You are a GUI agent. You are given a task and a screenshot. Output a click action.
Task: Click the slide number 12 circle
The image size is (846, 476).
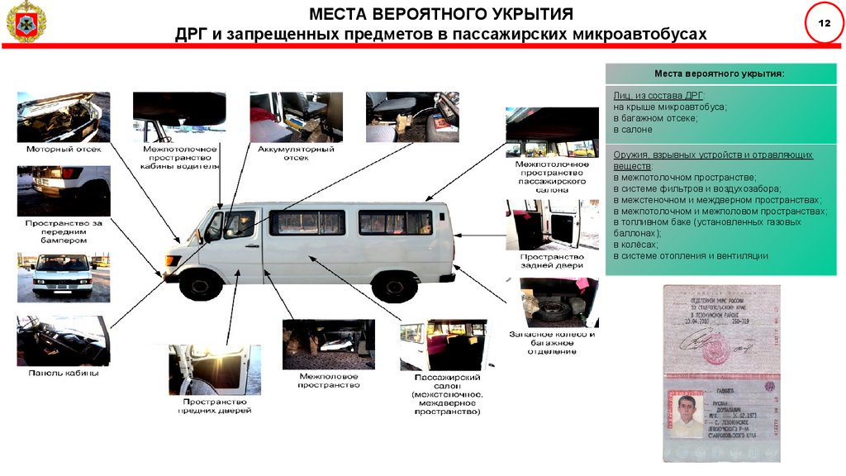[824, 23]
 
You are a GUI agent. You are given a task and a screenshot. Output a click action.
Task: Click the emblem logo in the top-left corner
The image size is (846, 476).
[26, 23]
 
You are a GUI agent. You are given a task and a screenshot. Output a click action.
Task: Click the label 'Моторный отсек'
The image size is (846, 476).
[64, 150]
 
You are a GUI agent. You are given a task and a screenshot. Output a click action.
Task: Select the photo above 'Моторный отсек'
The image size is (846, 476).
[63, 117]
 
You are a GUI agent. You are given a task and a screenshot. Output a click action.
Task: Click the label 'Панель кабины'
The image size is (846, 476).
[63, 373]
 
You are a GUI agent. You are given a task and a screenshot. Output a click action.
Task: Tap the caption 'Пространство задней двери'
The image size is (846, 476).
[552, 260]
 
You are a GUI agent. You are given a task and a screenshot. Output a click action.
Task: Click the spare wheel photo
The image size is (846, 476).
[552, 303]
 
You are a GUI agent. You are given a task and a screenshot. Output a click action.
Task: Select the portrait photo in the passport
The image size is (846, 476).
[687, 415]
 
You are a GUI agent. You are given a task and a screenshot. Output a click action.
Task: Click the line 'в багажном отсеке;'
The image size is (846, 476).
[655, 118]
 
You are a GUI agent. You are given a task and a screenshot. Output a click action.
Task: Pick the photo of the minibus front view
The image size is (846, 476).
[63, 277]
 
